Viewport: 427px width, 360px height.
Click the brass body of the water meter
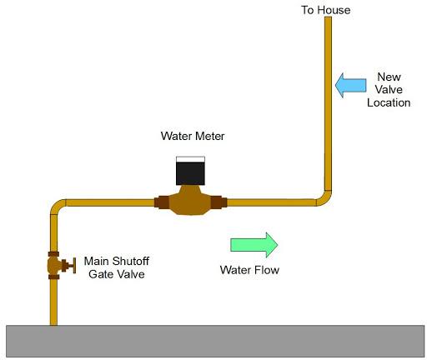click(191, 202)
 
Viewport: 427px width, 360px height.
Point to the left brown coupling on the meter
click(162, 201)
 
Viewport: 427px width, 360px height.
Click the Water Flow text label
click(249, 270)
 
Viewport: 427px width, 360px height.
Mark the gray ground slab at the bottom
click(213, 342)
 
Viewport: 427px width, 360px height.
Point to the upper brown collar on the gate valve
click(54, 252)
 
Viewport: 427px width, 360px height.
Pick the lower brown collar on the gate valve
click(54, 277)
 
